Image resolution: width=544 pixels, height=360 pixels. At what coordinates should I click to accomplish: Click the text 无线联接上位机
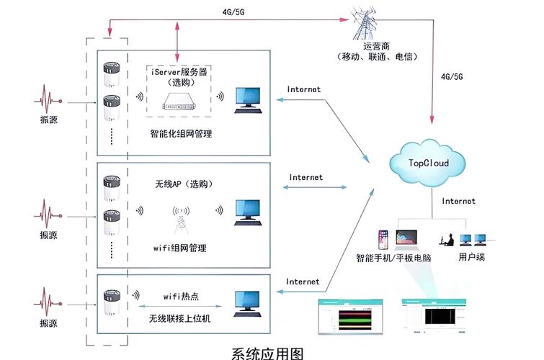click(180, 318)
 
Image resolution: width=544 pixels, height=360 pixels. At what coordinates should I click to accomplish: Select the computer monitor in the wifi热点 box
click(247, 302)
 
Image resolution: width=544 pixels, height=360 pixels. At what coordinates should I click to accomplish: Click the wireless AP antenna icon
click(180, 218)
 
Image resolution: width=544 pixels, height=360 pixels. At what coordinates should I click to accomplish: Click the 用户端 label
click(471, 256)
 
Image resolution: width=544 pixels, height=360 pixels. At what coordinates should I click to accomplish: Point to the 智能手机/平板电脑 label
click(393, 256)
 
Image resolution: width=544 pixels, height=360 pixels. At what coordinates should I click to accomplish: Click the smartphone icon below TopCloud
click(382, 239)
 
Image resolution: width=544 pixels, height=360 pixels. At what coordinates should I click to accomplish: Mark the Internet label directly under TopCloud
click(458, 202)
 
